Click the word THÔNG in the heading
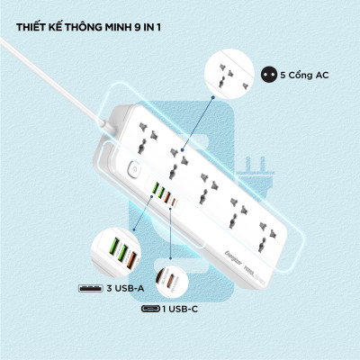coord(87,26)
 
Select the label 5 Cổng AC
coord(305,75)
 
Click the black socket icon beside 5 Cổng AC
coord(266,75)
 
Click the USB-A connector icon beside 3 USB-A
coord(91,290)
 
